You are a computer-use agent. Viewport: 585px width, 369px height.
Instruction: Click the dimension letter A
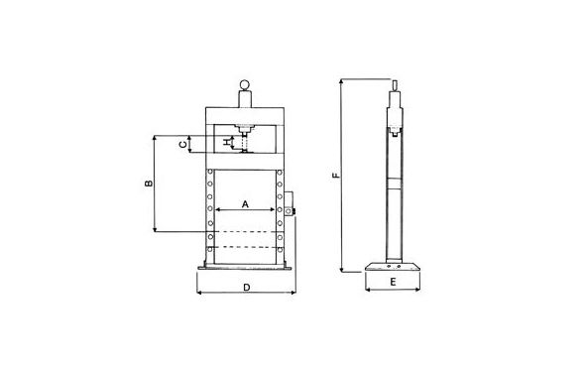[x=245, y=204]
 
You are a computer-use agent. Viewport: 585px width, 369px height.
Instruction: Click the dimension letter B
[x=149, y=184]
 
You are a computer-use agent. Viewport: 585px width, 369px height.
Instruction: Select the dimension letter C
[x=182, y=145]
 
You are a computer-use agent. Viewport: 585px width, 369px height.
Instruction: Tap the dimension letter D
[x=246, y=288]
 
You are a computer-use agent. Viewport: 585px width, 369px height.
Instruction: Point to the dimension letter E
[x=393, y=282]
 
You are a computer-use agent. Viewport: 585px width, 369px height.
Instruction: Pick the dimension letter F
[x=336, y=175]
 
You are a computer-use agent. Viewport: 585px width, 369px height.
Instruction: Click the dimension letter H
[x=226, y=142]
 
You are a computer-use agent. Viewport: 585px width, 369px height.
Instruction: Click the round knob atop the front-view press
[x=245, y=85]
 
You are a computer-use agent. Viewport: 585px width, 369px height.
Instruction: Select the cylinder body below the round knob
[x=245, y=99]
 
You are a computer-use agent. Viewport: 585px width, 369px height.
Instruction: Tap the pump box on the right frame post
[x=290, y=203]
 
